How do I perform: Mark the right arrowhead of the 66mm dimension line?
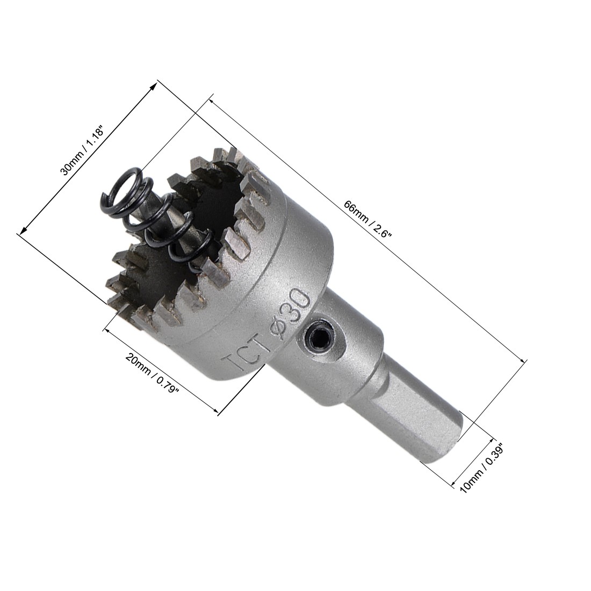point(523,361)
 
